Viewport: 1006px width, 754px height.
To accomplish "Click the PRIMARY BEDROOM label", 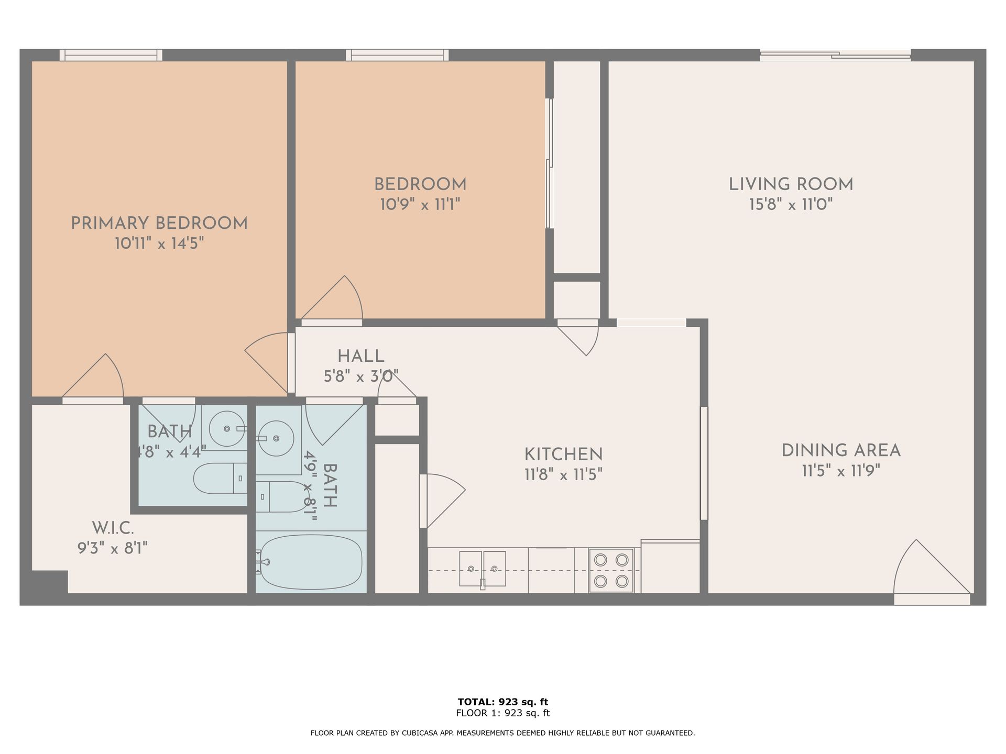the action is pos(159,224).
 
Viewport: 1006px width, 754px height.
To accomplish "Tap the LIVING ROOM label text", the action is pos(791,184).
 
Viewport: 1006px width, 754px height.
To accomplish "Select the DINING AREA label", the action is pos(841,451).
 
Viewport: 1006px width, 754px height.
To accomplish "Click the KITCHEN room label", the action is pos(564,454).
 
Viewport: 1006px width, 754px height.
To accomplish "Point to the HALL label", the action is pos(361,357).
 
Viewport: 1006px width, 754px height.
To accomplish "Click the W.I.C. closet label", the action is pos(113,528).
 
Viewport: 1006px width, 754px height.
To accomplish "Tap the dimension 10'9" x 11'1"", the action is pos(420,204).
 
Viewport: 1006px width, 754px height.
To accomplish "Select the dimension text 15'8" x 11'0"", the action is pos(791,204).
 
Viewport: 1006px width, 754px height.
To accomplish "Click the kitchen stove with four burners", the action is pos(611,570).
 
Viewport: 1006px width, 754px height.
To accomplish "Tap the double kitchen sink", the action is pos(483,569).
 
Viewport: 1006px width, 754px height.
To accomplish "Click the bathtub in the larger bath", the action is pos(311,562).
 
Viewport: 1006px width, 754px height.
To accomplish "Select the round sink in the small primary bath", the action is pos(227,428).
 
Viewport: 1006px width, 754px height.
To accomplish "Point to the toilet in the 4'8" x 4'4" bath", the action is pos(220,479).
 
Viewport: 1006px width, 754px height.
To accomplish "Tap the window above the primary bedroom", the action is pos(111,55).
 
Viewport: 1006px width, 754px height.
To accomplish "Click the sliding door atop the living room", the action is pos(835,55).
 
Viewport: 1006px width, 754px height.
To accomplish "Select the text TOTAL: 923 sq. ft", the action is pos(503,702).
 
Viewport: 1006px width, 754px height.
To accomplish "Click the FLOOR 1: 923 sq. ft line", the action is pos(503,713).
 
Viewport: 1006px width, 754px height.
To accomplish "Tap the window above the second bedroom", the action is pos(397,55).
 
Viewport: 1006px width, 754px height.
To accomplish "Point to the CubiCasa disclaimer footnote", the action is pos(503,733).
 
